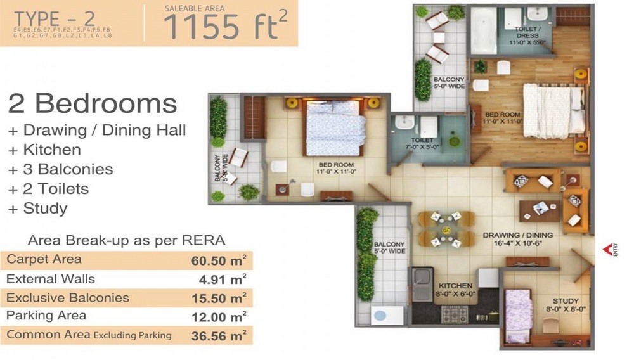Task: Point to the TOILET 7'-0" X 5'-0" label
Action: pos(422,144)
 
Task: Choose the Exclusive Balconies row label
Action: pos(67,297)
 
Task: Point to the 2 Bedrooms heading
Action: pos(92,103)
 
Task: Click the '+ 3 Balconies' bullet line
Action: pos(60,169)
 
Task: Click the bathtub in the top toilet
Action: pos(484,32)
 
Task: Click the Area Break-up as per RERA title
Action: pos(127,241)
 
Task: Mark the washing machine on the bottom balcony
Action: pos(381,314)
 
